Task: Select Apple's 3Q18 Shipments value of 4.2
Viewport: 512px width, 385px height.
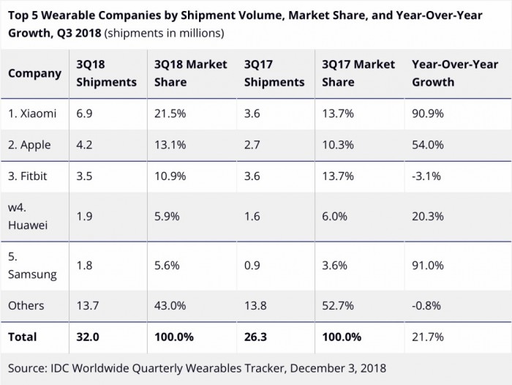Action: coord(85,145)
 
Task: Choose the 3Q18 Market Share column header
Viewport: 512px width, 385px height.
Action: coord(190,73)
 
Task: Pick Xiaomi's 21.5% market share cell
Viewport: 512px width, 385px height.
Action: coord(170,113)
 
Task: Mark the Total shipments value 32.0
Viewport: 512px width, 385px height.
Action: coord(88,337)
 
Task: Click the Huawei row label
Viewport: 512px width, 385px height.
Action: coord(28,216)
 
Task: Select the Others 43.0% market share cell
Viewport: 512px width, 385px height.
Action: coord(170,305)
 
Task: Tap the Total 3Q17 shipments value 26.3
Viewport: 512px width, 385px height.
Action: coord(257,337)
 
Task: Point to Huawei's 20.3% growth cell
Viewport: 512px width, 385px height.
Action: coord(427,217)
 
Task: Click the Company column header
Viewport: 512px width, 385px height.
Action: coord(35,73)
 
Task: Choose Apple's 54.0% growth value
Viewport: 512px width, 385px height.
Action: coord(427,145)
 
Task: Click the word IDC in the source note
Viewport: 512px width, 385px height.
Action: coord(61,368)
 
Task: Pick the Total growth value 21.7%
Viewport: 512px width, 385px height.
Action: coord(427,337)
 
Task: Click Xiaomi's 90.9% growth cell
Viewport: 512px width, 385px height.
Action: coord(427,113)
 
